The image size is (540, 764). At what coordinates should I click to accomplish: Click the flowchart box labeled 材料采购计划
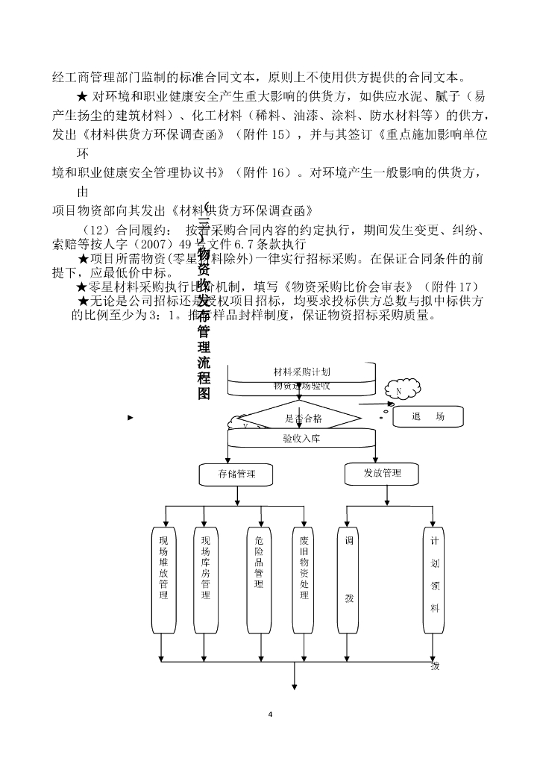click(x=301, y=372)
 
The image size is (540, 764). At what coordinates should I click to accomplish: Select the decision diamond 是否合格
click(x=302, y=419)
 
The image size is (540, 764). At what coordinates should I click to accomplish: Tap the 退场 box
click(x=427, y=417)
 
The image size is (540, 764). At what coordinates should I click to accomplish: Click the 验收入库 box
click(x=301, y=439)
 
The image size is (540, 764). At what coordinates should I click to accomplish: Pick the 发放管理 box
click(x=383, y=473)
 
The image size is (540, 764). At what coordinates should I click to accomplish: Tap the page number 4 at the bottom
click(x=270, y=715)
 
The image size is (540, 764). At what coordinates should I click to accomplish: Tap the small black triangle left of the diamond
click(x=131, y=417)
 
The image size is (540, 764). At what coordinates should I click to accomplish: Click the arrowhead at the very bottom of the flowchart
click(x=294, y=686)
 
